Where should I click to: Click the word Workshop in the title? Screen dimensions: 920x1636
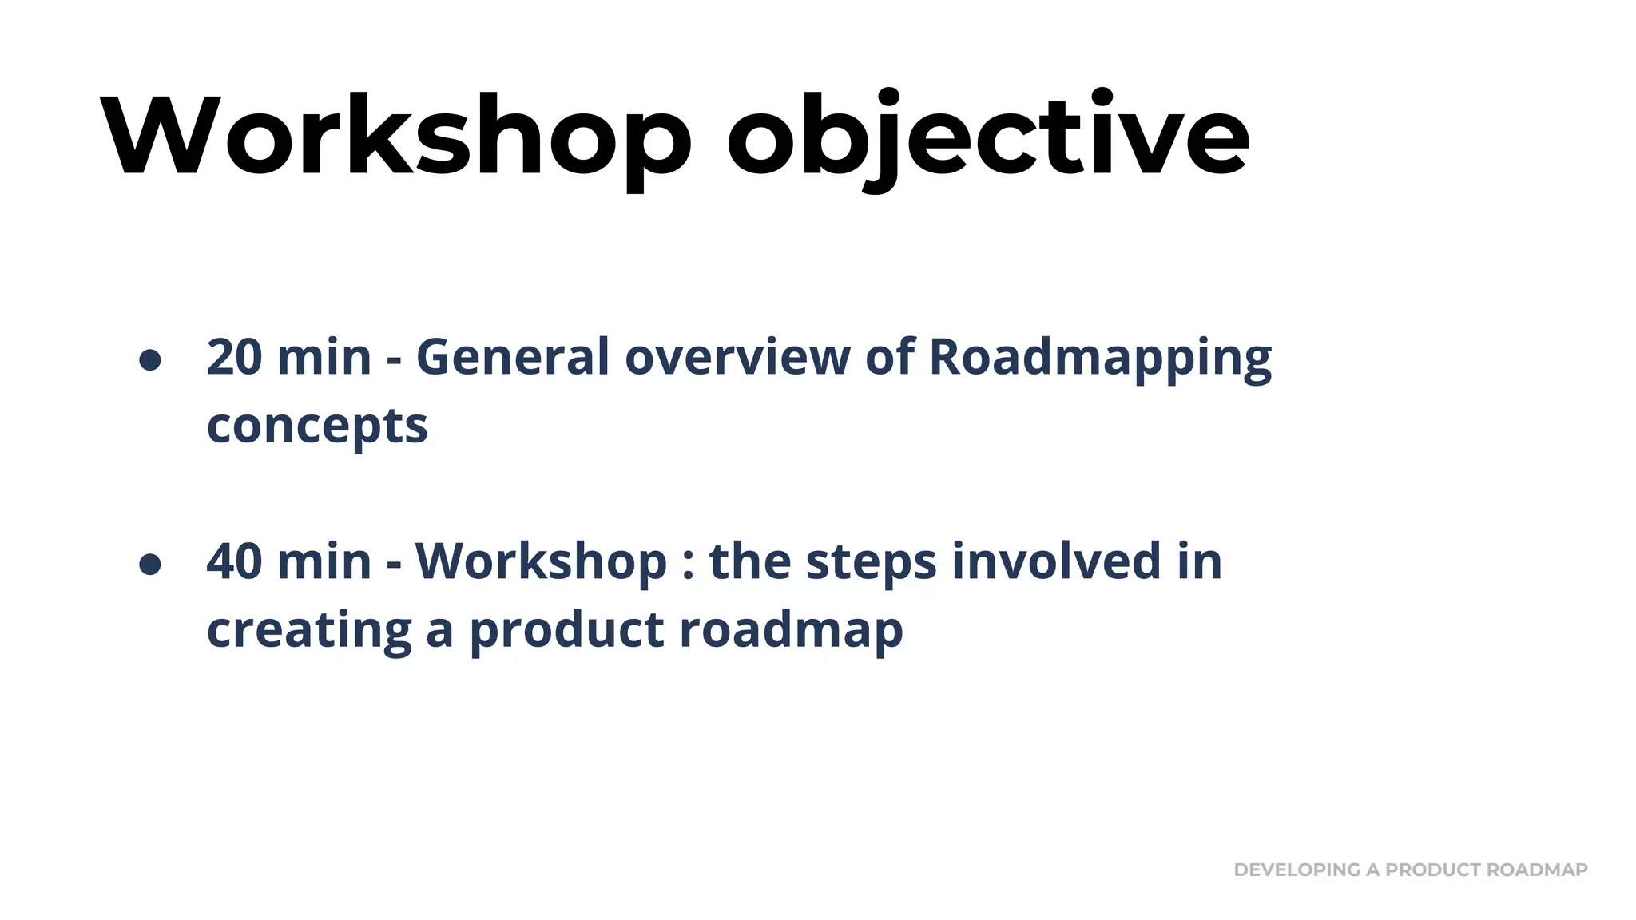coord(395,136)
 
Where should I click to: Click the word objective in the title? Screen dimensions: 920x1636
coord(987,136)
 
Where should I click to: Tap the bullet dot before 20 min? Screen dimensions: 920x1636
coord(150,359)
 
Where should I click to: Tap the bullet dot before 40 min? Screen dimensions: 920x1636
coord(150,564)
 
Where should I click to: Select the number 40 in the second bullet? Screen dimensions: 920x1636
coord(234,561)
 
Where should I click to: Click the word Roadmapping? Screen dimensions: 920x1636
coord(1100,358)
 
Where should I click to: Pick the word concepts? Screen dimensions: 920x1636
coord(317,426)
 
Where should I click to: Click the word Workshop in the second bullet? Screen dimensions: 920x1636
coord(541,561)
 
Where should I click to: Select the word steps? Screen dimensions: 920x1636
coord(871,562)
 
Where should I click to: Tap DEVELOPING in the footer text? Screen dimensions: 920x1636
coord(1296,870)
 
